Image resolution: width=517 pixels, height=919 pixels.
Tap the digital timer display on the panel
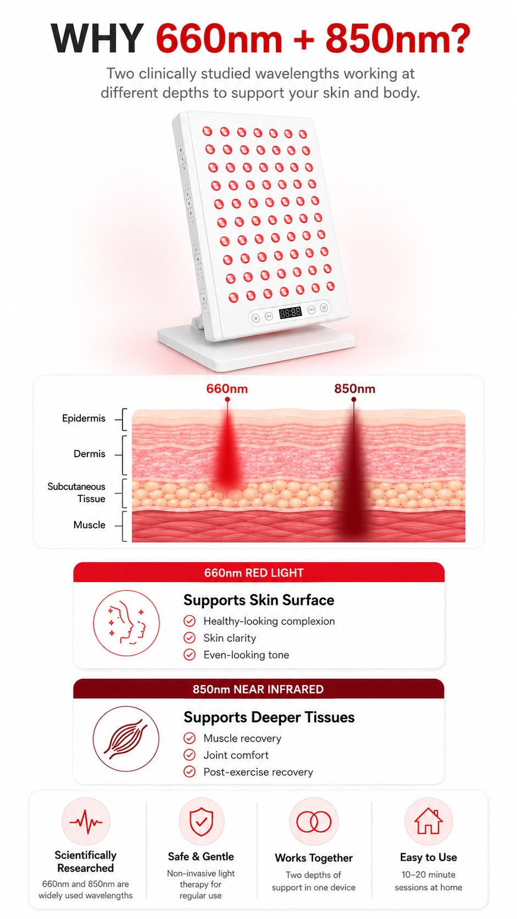(x=290, y=313)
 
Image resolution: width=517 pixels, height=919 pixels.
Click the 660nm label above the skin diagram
(x=227, y=389)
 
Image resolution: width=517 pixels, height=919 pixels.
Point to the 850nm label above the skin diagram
(x=354, y=389)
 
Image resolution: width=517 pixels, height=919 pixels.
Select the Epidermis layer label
(x=84, y=418)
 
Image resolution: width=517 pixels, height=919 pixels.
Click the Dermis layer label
(x=90, y=453)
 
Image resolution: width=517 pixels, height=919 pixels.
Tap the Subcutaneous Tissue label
(x=76, y=492)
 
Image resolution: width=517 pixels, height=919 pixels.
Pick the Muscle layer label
(x=90, y=525)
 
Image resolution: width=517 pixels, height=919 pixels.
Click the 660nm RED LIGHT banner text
(x=254, y=573)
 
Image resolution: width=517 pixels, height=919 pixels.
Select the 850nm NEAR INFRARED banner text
(x=258, y=689)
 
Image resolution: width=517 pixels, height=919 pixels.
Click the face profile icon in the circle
(x=126, y=623)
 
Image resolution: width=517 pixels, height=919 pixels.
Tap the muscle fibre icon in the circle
(x=126, y=739)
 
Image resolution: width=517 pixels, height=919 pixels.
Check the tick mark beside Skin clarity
(x=190, y=638)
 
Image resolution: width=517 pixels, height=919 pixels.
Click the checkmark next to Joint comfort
(x=190, y=755)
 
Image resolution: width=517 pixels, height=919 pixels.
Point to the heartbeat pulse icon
(x=86, y=822)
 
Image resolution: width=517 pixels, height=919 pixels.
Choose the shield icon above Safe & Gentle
(x=201, y=822)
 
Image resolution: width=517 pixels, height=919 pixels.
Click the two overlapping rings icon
(x=314, y=821)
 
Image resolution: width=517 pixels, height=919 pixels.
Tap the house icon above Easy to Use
(x=429, y=821)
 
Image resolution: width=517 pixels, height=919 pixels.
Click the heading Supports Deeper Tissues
(x=269, y=717)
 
